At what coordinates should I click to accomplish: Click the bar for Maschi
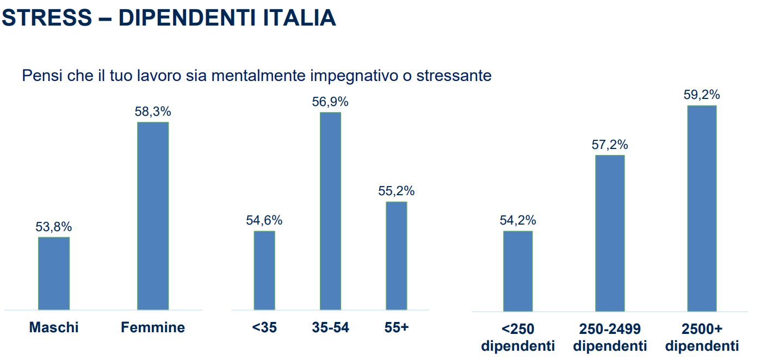pyautogui.click(x=54, y=273)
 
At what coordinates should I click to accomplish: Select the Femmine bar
pyautogui.click(x=153, y=216)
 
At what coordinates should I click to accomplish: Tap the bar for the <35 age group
pyautogui.click(x=264, y=270)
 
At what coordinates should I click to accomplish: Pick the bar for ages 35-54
pyautogui.click(x=330, y=211)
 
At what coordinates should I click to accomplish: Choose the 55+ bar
pyautogui.click(x=397, y=256)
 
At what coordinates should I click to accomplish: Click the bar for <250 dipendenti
pyautogui.click(x=518, y=271)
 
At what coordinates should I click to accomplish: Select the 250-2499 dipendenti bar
pyautogui.click(x=610, y=233)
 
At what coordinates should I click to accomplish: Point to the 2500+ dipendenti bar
pyautogui.click(x=702, y=208)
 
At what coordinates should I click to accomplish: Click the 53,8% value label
pyautogui.click(x=54, y=227)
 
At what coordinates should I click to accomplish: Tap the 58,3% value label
pyautogui.click(x=153, y=112)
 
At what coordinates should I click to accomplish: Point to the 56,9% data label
pyautogui.click(x=330, y=102)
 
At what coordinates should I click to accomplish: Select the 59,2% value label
pyautogui.click(x=702, y=95)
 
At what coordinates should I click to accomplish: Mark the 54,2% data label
pyautogui.click(x=518, y=220)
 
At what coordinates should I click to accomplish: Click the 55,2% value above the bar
pyautogui.click(x=397, y=191)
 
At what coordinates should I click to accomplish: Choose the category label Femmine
pyautogui.click(x=153, y=327)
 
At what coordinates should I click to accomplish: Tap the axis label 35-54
pyautogui.click(x=330, y=327)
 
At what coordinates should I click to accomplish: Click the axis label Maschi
pyautogui.click(x=54, y=327)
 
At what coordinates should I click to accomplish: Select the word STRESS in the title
pyautogui.click(x=47, y=18)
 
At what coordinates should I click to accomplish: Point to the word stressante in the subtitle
pyautogui.click(x=454, y=76)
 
